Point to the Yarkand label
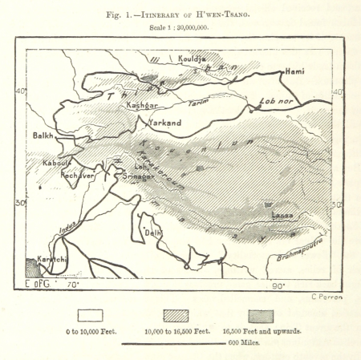point(165,123)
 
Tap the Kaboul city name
point(57,163)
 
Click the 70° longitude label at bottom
point(73,285)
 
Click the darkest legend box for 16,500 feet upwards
point(266,315)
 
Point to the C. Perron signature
point(325,297)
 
